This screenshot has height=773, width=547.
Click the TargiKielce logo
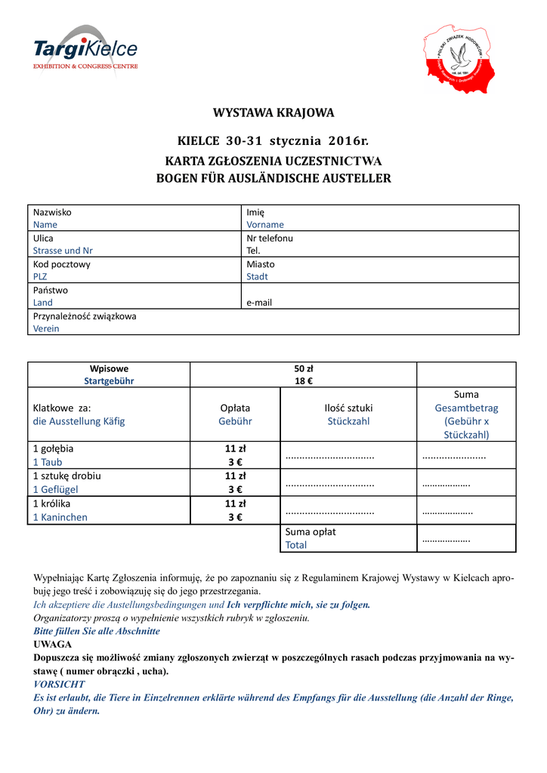85,50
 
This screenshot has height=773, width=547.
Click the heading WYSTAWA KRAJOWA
273,113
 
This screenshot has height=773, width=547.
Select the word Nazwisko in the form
52,212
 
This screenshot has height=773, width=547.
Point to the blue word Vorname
265,225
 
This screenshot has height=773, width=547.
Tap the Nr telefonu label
270,238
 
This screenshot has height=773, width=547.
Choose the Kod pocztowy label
61,264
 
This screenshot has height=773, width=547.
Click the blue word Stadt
257,277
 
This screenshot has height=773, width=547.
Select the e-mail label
259,303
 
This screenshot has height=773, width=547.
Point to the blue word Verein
46,329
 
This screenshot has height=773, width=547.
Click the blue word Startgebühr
109,381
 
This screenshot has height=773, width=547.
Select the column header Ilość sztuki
348,408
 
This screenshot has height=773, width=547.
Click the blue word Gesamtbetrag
466,408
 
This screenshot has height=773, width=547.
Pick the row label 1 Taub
47,462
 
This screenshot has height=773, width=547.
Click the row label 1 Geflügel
55,489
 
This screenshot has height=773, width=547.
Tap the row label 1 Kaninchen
60,518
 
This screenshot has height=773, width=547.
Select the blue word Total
296,545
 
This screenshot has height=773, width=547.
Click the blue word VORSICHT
60,684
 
